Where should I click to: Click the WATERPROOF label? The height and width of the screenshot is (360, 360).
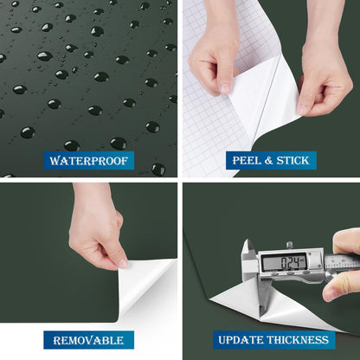point(89,161)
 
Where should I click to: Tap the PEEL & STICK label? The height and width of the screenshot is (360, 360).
point(271,160)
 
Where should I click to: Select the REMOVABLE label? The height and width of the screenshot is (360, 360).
point(89,340)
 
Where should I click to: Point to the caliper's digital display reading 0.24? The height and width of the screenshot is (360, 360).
point(283,262)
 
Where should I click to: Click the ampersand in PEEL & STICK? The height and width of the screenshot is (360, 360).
point(269,161)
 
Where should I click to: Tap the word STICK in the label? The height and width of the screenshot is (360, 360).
point(292,160)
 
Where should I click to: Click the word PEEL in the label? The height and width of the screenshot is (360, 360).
point(247,160)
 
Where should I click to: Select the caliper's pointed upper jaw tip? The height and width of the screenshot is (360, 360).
point(247,240)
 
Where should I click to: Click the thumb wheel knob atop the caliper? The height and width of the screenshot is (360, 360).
point(290,245)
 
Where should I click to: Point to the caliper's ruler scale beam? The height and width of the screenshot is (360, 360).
point(342,263)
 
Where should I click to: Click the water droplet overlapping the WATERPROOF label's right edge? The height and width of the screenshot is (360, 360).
point(158,170)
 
